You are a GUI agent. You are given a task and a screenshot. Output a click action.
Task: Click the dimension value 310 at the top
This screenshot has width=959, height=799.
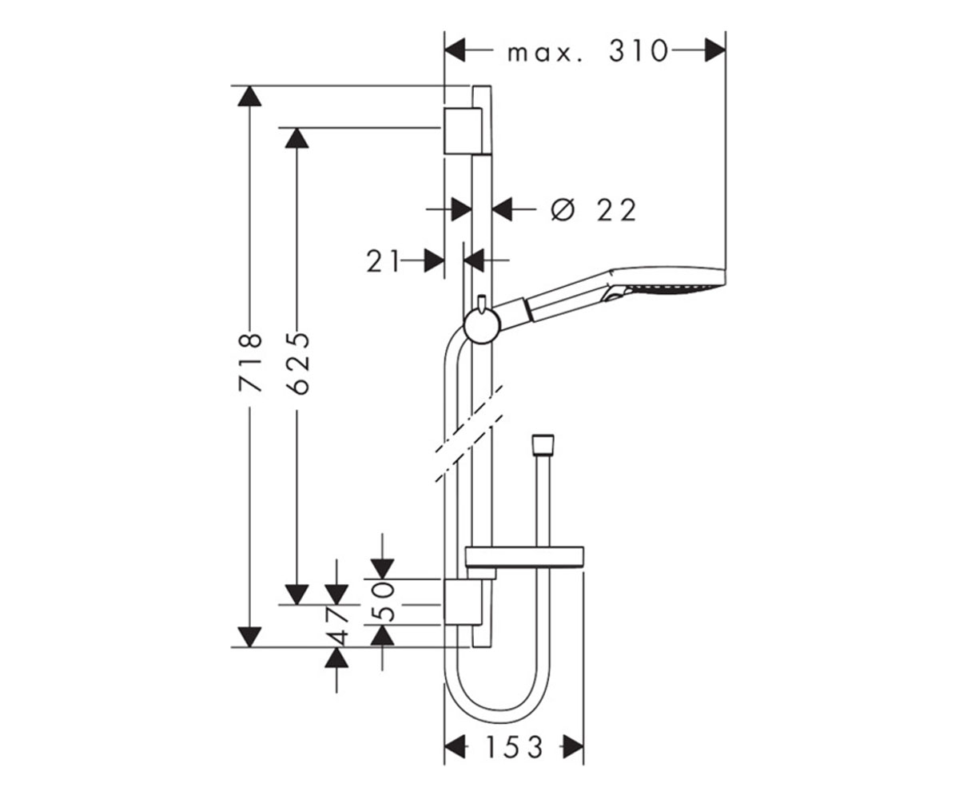tap(638, 51)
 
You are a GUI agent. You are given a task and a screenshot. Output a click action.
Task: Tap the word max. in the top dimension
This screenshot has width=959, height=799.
tap(545, 54)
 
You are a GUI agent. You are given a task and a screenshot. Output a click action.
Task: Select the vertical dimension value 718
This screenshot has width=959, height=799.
tap(250, 363)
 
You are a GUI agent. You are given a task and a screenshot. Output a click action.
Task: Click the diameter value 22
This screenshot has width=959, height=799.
tap(616, 210)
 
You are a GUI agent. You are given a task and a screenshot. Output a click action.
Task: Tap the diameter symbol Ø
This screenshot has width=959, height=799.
tap(563, 210)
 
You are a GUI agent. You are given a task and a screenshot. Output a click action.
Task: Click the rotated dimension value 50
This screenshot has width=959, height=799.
tap(382, 602)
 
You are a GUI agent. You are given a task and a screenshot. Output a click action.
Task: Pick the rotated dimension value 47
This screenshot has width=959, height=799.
tap(337, 626)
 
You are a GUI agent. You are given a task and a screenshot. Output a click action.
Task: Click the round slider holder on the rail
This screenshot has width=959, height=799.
tap(482, 325)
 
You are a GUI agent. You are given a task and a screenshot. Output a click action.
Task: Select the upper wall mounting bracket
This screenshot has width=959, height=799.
tap(463, 131)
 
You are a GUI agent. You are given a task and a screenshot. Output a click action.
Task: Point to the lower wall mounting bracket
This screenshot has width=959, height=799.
tap(463, 602)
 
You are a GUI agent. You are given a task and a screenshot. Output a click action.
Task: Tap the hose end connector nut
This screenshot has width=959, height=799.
tap(543, 445)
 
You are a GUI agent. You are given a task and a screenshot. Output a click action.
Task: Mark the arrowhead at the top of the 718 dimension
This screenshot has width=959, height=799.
tap(249, 96)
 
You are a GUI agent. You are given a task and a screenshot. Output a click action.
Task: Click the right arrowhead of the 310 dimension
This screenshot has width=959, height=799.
tap(715, 50)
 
